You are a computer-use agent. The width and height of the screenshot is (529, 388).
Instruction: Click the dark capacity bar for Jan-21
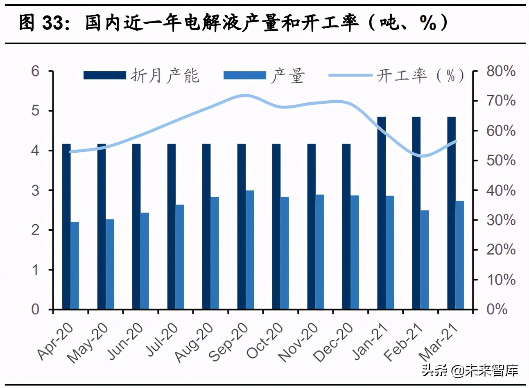381,213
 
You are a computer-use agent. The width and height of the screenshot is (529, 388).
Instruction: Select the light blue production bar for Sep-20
250,250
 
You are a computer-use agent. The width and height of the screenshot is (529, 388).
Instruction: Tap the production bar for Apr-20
75,265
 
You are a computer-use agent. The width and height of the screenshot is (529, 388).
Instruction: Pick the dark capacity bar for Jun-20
136,226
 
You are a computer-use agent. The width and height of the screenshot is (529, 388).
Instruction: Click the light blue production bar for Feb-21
425,259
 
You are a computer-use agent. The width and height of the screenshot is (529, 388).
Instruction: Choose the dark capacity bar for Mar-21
451,213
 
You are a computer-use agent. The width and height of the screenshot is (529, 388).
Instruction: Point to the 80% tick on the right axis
500,71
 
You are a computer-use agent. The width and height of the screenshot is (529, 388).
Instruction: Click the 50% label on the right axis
500,160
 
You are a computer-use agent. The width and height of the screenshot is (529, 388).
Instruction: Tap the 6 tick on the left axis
36,71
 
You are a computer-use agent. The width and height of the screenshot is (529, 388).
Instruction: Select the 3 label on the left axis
36,190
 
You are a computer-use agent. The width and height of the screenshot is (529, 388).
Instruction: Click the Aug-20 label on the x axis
194,342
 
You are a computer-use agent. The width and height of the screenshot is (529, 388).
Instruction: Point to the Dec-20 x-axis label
333,342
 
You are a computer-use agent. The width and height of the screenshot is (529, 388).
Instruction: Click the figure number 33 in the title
53,23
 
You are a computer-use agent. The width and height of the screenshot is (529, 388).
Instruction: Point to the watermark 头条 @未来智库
470,371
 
